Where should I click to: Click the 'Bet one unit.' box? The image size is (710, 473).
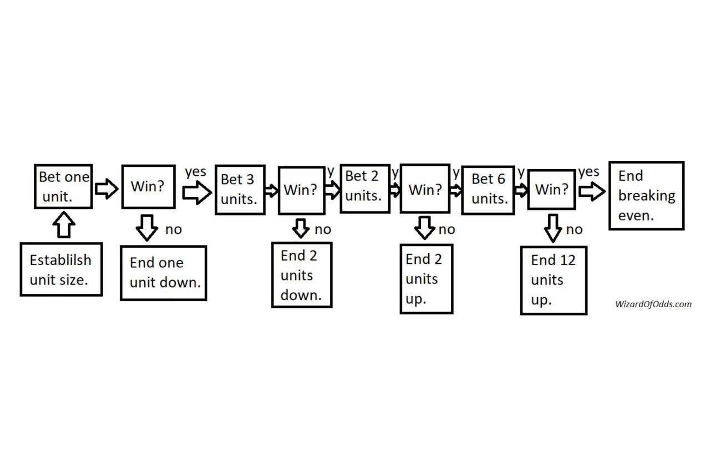pyautogui.click(x=63, y=186)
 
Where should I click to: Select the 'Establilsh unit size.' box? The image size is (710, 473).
pyautogui.click(x=61, y=269)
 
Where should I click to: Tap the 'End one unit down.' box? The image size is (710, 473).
pyautogui.click(x=164, y=273)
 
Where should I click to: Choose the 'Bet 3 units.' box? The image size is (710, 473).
pyautogui.click(x=240, y=190)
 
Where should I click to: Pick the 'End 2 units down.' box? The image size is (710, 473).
pyautogui.click(x=302, y=274)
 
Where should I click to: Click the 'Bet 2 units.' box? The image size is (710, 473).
pyautogui.click(x=364, y=188)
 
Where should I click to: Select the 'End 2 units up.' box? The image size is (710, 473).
pyautogui.click(x=427, y=278)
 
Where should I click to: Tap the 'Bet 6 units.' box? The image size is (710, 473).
pyautogui.click(x=488, y=190)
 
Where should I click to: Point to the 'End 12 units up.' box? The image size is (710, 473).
pyautogui.click(x=554, y=280)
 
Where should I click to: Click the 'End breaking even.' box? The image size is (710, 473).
pyautogui.click(x=646, y=195)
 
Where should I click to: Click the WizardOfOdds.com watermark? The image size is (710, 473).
pyautogui.click(x=653, y=304)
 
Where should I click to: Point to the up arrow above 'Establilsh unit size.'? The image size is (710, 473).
pyautogui.click(x=65, y=226)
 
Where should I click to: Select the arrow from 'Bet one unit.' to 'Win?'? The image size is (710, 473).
pyautogui.click(x=106, y=189)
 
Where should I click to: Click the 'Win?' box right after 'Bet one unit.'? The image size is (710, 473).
pyautogui.click(x=148, y=186)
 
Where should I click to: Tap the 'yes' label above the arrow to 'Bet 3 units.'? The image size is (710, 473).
pyautogui.click(x=195, y=172)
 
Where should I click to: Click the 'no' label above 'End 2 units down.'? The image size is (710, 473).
pyautogui.click(x=323, y=229)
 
